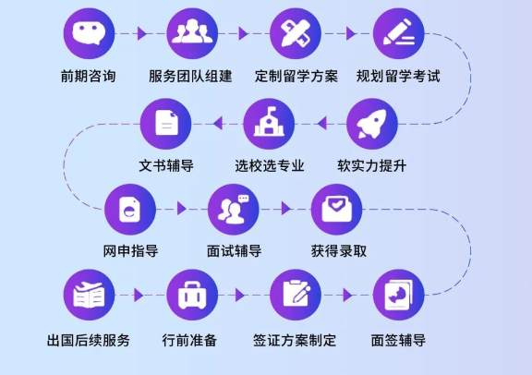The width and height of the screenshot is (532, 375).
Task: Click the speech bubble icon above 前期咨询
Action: [89, 33]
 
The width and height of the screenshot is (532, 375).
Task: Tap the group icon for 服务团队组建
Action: [192, 33]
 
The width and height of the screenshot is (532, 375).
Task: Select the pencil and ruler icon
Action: [296, 33]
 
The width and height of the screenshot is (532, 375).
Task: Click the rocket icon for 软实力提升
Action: [372, 124]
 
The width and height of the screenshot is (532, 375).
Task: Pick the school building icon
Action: [269, 124]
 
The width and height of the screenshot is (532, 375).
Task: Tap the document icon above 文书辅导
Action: [166, 124]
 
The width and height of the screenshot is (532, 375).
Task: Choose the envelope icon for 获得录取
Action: [336, 210]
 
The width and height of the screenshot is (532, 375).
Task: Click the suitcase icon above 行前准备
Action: [192, 295]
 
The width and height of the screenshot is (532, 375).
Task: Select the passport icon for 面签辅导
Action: [399, 295]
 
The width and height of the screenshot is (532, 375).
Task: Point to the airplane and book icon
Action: [89, 295]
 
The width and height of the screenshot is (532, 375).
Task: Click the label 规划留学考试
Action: [398, 76]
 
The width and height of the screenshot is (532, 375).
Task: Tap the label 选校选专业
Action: [270, 166]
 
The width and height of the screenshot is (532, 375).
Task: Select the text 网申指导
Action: [130, 251]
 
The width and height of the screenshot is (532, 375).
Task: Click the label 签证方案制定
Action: [295, 341]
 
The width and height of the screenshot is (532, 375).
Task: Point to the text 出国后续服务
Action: [89, 341]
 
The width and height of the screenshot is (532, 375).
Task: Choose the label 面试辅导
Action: [234, 251]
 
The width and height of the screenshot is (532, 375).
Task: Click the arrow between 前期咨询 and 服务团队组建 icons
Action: [142, 33]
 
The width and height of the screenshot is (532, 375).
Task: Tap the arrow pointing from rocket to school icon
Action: [322, 123]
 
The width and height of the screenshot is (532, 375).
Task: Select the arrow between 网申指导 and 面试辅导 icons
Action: [182, 209]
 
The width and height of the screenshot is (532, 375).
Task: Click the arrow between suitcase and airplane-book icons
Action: [139, 295]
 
